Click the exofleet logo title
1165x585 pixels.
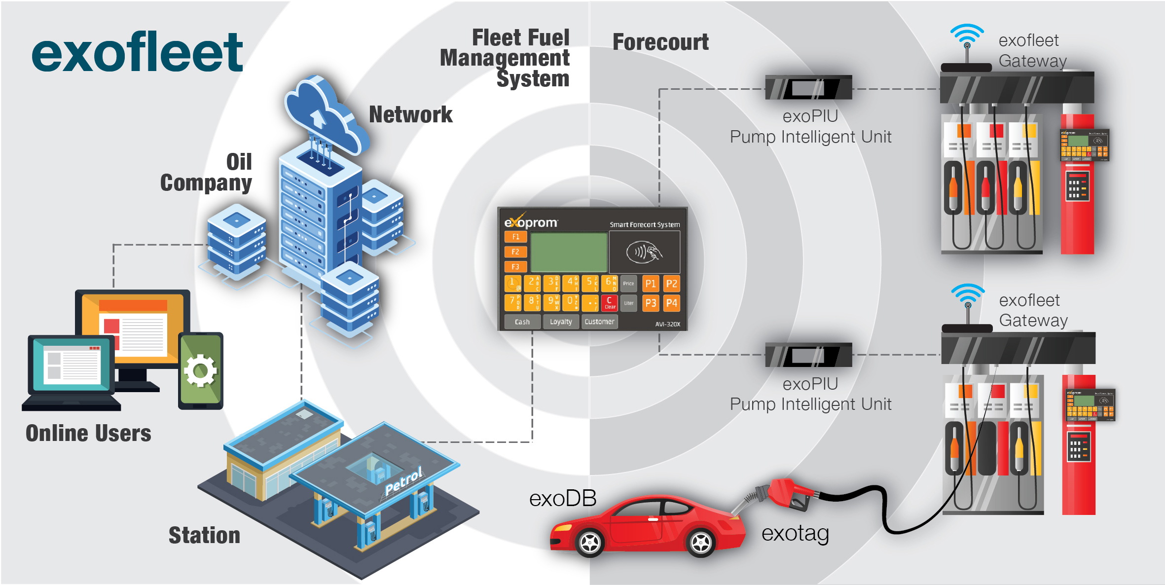pyautogui.click(x=137, y=52)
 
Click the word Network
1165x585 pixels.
pyautogui.click(x=410, y=115)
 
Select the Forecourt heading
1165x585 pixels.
pyautogui.click(x=660, y=42)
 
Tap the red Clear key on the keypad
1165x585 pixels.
pyautogui.click(x=610, y=303)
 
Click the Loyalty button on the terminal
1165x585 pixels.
pyautogui.click(x=561, y=322)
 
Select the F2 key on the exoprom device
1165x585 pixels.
pyautogui.click(x=515, y=252)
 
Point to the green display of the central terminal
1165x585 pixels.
pyautogui.click(x=569, y=252)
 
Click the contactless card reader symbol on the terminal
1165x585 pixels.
pyautogui.click(x=644, y=252)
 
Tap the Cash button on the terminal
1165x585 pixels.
pyautogui.click(x=522, y=322)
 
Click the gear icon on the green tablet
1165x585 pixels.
pyautogui.click(x=200, y=370)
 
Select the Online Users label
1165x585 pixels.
pyautogui.click(x=88, y=434)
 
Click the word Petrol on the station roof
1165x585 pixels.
pyautogui.click(x=403, y=481)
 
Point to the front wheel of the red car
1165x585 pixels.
pyautogui.click(x=590, y=543)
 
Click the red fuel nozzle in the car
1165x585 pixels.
pyautogui.click(x=789, y=493)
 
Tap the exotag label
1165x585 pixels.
pyautogui.click(x=795, y=534)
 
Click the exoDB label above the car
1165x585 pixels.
pyautogui.click(x=563, y=499)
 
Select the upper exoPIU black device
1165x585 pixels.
pyautogui.click(x=808, y=88)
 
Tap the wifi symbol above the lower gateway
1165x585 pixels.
pyautogui.click(x=968, y=295)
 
